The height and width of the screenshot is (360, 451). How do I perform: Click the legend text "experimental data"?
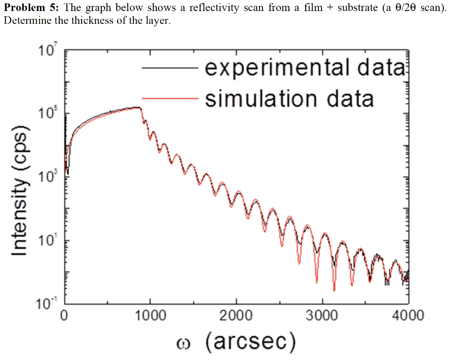tap(304, 68)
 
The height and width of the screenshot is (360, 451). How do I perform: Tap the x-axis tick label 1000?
tap(150, 316)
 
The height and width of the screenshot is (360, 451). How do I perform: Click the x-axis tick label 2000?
tap(237, 316)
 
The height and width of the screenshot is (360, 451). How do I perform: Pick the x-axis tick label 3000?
tap(323, 316)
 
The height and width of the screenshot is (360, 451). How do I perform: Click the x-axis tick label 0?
tap(65, 316)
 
